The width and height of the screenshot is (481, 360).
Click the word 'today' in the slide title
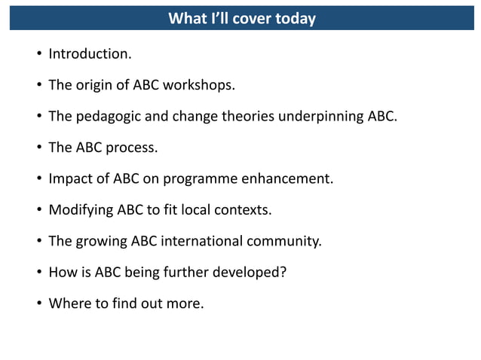tap(295, 19)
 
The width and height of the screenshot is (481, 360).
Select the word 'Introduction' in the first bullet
tap(88, 54)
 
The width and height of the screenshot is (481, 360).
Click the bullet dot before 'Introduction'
tap(37, 55)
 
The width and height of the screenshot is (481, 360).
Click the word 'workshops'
tap(201, 85)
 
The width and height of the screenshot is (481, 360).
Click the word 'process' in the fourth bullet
tap(131, 148)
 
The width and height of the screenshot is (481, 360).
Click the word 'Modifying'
tap(80, 210)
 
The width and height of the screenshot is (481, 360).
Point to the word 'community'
tap(285, 242)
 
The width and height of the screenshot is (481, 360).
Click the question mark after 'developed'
tap(283, 273)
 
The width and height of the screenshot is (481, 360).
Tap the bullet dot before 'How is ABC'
tap(37, 273)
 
